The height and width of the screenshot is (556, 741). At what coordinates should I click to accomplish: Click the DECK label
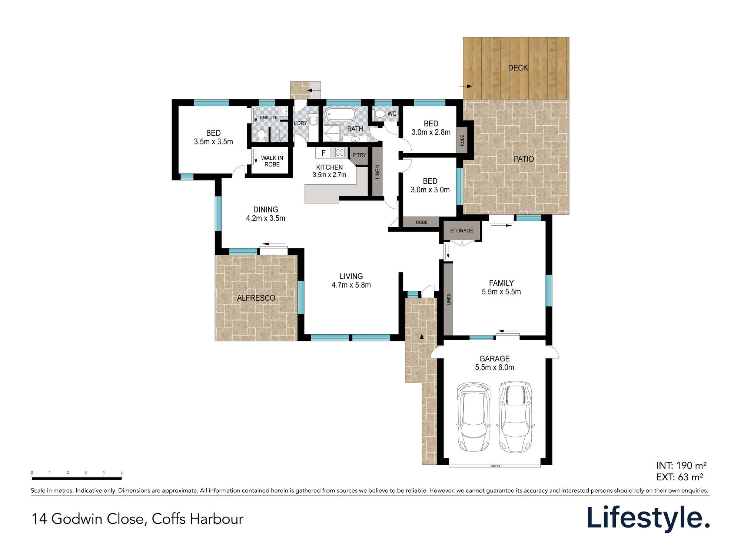(x=518, y=68)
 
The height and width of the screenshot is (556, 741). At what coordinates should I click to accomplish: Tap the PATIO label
(x=524, y=159)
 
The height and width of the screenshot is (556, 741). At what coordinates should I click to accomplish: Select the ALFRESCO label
(x=256, y=298)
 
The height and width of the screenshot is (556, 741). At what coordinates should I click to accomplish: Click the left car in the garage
(x=474, y=417)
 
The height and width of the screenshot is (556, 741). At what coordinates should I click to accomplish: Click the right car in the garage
(x=515, y=417)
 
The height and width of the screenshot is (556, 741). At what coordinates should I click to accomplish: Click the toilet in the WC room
(x=379, y=113)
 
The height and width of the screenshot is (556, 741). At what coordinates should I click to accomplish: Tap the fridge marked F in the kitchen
(x=323, y=153)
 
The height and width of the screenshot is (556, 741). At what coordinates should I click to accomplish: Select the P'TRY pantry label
(x=359, y=155)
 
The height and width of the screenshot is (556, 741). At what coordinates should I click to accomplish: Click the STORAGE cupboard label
(x=462, y=231)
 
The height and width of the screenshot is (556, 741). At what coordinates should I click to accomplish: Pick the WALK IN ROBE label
(x=272, y=161)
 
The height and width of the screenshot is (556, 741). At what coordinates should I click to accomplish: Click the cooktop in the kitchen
(x=340, y=152)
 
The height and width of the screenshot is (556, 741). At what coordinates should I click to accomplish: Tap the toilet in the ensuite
(x=261, y=135)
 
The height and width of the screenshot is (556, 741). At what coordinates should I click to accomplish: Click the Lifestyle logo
(x=648, y=518)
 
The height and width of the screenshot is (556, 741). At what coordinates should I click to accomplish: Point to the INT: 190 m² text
(x=681, y=466)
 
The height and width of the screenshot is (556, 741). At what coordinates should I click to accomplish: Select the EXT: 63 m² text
(x=679, y=477)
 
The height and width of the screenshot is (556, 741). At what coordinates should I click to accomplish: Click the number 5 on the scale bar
(x=122, y=472)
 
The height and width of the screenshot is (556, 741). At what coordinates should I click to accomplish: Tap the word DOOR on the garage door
(x=495, y=466)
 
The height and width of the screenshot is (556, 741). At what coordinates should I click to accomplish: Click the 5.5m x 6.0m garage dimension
(x=495, y=367)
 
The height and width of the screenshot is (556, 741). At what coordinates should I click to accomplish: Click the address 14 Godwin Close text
(x=87, y=519)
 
